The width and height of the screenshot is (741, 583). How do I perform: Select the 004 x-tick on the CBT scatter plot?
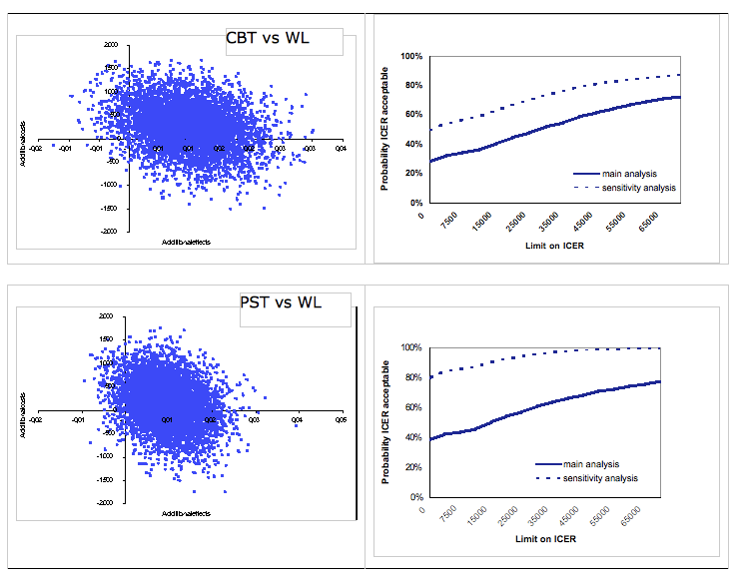pos(341,149)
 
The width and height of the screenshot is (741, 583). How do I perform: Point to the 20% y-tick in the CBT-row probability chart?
pos(409,173)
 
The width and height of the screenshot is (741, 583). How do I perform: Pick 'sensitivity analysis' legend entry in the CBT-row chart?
pos(639,187)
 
